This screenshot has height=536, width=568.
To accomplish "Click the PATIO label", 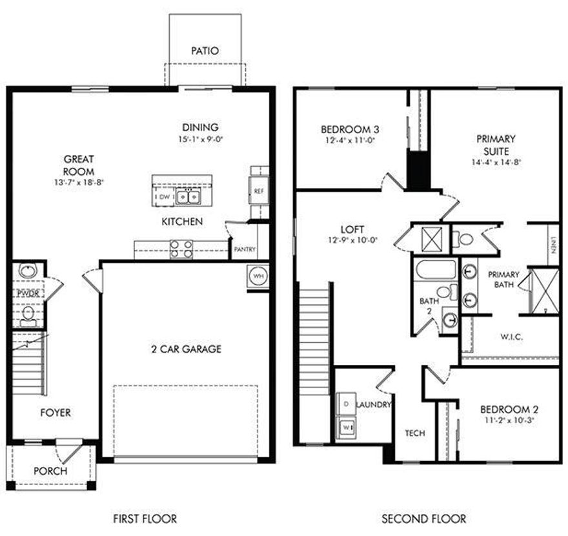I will pyautogui.click(x=205, y=51).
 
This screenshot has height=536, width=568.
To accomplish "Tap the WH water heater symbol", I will pyautogui.click(x=258, y=275).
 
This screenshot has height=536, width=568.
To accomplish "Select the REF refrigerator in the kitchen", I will pyautogui.click(x=259, y=191).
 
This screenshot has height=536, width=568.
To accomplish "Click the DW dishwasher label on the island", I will pyautogui.click(x=164, y=196).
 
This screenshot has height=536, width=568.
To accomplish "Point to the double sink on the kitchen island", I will pyautogui.click(x=188, y=196).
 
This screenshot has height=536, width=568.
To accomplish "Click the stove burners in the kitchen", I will pyautogui.click(x=181, y=249).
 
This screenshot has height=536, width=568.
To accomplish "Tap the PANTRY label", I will pyautogui.click(x=245, y=250).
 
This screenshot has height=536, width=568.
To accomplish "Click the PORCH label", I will pyautogui.click(x=50, y=471).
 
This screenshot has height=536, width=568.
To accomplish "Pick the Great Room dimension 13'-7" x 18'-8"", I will pyautogui.click(x=79, y=183).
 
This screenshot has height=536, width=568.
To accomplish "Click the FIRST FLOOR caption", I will pyautogui.click(x=145, y=519).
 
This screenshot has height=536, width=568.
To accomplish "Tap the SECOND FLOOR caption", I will pyautogui.click(x=423, y=519).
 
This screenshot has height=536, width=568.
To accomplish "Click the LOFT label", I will pyautogui.click(x=353, y=229).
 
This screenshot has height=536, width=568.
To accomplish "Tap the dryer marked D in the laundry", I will pyautogui.click(x=345, y=403).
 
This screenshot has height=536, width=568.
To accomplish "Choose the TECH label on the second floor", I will pyautogui.click(x=414, y=433).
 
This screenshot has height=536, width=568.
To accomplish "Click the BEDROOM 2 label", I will pyautogui.click(x=509, y=409).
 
